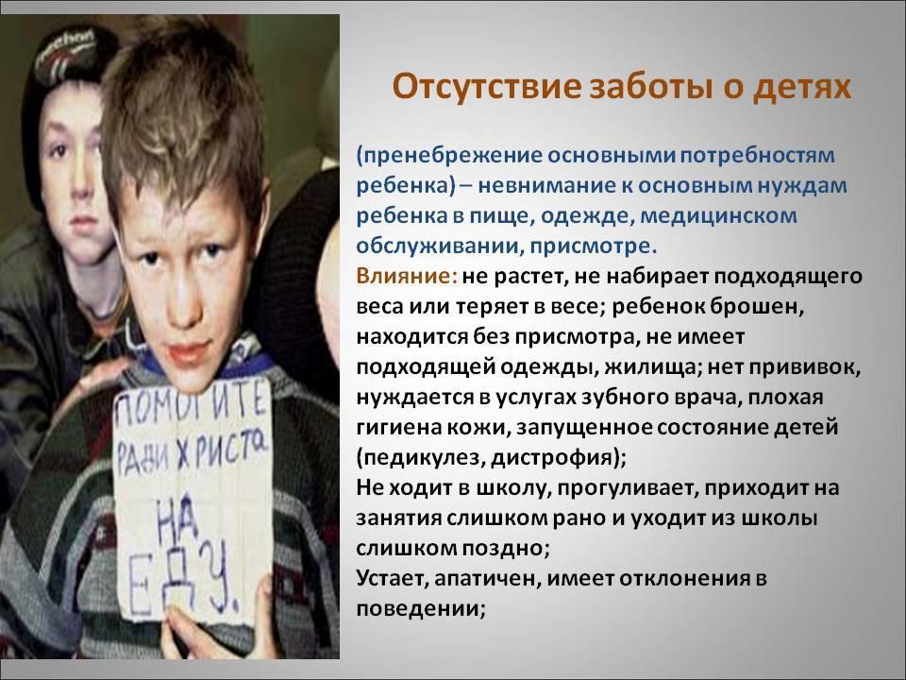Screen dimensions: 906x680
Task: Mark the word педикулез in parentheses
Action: [420, 458]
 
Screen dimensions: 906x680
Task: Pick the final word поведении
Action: [420, 609]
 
